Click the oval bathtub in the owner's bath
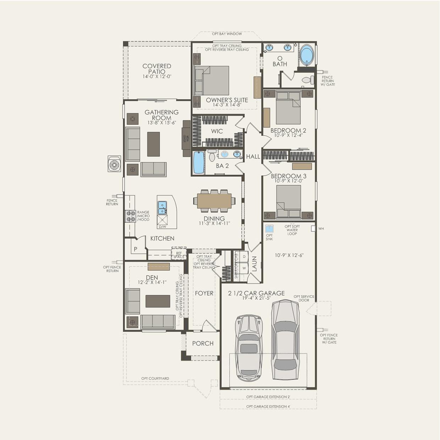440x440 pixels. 307,55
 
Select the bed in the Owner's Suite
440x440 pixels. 212,81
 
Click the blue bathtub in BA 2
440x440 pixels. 199,162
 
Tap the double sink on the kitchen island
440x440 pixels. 162,208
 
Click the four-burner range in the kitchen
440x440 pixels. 130,216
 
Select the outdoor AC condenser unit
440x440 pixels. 114,164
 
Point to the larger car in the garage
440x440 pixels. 285,339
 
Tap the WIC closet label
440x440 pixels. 217,131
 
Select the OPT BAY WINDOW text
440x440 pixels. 227,34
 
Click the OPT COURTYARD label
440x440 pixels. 155,379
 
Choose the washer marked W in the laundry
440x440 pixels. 244,268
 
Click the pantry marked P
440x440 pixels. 135,249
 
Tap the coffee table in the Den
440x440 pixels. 158,301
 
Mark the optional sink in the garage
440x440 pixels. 269,228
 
